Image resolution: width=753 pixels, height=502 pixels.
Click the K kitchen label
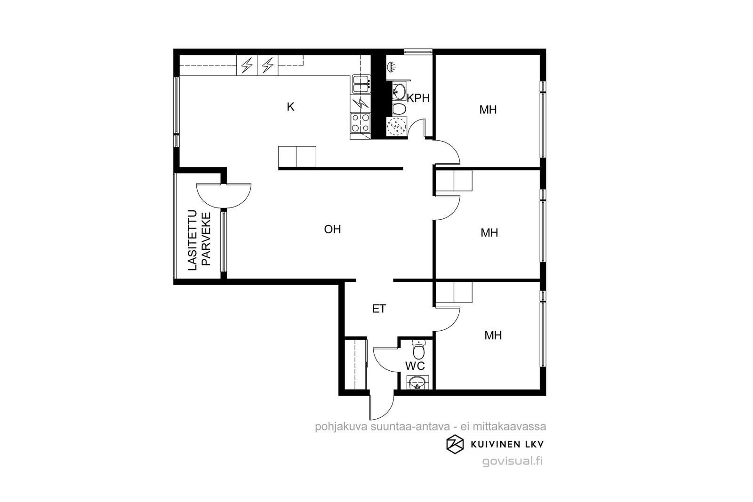click(x=290, y=107)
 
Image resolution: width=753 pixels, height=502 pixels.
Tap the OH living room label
click(x=332, y=229)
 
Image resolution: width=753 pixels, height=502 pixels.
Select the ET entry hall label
click(x=379, y=309)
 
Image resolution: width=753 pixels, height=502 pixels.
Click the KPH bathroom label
click(x=418, y=98)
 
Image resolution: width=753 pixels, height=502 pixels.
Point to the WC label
click(x=415, y=366)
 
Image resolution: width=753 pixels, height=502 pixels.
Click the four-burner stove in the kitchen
click(x=360, y=123)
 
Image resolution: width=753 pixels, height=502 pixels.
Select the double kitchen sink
click(x=361, y=84)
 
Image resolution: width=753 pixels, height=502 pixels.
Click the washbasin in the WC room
click(x=417, y=382)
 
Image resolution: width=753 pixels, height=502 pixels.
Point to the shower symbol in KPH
click(x=391, y=67)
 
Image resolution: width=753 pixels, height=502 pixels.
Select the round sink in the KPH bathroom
click(x=399, y=91)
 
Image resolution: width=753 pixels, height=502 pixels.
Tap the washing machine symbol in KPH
click(x=397, y=127)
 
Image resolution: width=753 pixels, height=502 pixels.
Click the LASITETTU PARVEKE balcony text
click(x=199, y=240)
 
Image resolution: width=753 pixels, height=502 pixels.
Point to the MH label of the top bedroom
click(x=488, y=110)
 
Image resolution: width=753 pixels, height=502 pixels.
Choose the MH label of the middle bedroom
click(x=489, y=232)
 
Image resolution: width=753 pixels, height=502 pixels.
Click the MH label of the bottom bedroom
click(x=493, y=335)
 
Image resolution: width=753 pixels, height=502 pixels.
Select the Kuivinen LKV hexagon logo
click(x=455, y=444)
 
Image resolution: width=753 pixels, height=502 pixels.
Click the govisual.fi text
click(x=513, y=461)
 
